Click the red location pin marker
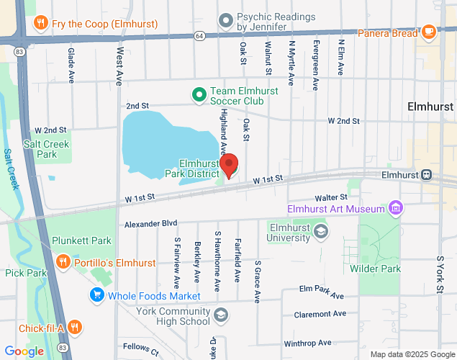pyautogui.click(x=230, y=165)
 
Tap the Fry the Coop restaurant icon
pyautogui.click(x=40, y=24)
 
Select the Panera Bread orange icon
pyautogui.click(x=429, y=32)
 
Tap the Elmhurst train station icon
pyautogui.click(x=426, y=174)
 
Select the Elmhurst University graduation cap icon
pyautogui.click(x=321, y=231)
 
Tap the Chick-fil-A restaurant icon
pyautogui.click(x=75, y=328)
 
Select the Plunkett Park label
pyautogui.click(x=81, y=240)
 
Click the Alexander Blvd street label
pyautogui.click(x=150, y=225)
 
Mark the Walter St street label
pyautogui.click(x=331, y=197)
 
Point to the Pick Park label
pyautogui.click(x=25, y=273)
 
